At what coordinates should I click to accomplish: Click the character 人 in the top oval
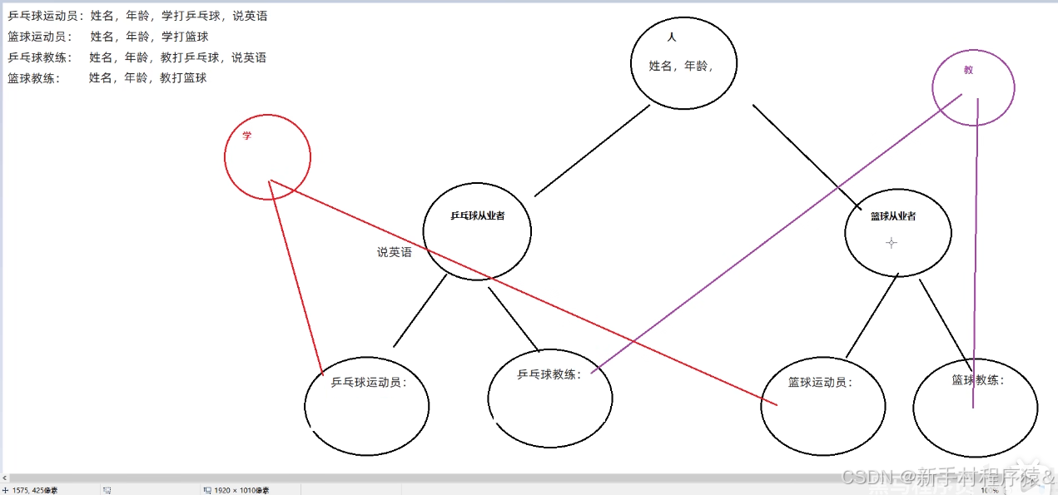click(672, 37)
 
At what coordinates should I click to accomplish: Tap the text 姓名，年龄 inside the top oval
click(680, 66)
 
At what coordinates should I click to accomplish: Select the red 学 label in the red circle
click(246, 136)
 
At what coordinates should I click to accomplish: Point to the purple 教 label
click(968, 71)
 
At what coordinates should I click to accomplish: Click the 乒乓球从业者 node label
click(478, 215)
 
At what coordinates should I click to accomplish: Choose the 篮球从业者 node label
click(893, 216)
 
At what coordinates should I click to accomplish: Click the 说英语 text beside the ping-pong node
click(394, 252)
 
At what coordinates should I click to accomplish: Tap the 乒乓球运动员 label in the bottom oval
click(369, 384)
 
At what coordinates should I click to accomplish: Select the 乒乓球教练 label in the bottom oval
click(549, 374)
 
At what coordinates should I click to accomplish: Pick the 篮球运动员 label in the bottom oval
click(821, 383)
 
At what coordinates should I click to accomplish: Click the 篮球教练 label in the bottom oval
click(978, 380)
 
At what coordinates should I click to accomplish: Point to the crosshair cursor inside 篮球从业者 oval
click(892, 243)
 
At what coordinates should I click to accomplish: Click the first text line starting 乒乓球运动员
click(137, 16)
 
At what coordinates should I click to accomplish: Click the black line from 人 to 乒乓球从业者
click(591, 151)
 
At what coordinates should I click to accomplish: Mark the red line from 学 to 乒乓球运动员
click(296, 279)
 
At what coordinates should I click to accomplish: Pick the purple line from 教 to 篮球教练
click(975, 250)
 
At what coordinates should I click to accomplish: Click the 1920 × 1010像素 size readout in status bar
click(241, 490)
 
